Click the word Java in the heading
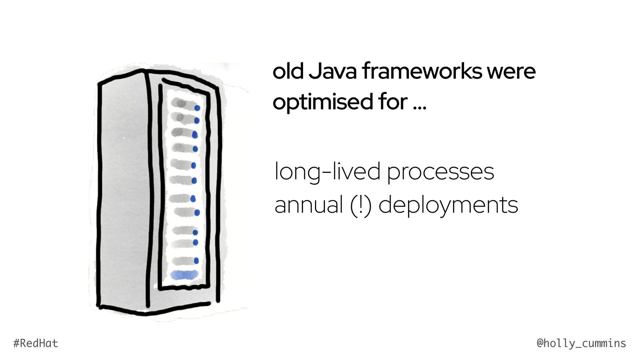pos(333,71)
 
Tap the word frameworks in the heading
pos(422,71)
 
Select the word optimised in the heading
pos(323,102)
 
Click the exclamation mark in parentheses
pos(361,205)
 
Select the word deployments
pos(448,206)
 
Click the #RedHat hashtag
pos(36,343)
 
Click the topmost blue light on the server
pos(197,108)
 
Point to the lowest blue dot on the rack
pos(196,261)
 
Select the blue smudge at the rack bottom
pos(184,275)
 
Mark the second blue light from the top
pos(197,120)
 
